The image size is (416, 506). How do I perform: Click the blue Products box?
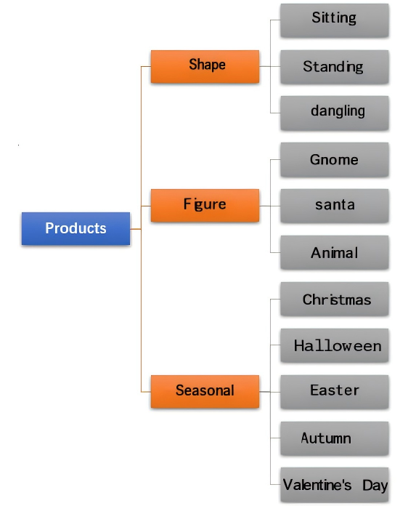76,228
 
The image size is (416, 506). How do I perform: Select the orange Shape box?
205,66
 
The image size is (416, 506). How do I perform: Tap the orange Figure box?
205,206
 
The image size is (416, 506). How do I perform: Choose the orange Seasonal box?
205,391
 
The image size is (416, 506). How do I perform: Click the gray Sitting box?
335,20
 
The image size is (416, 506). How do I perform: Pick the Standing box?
335,67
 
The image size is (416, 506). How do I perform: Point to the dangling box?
335,113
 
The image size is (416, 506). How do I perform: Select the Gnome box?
335,160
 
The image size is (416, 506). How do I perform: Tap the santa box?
335,206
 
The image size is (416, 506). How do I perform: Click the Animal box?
335,252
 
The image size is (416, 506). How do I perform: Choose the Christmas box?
335,299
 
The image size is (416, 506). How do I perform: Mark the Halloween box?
335,345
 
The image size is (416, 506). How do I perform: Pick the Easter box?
335,392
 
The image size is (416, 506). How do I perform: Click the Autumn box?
335,438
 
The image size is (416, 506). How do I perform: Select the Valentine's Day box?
335,485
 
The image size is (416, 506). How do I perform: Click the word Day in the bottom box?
375,486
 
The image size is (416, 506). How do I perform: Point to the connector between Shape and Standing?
269,66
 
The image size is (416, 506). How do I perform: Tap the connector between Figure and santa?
269,206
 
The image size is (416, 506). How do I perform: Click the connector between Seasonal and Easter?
269,392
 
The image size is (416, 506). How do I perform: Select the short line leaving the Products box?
136,229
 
